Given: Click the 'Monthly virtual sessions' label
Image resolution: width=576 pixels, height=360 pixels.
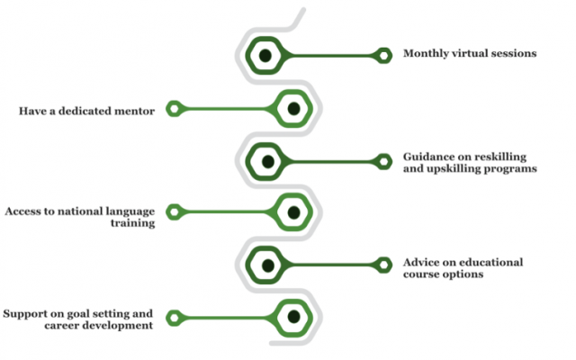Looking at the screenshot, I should [x=470, y=54].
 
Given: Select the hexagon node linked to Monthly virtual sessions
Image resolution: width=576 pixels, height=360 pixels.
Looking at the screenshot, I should [x=265, y=56].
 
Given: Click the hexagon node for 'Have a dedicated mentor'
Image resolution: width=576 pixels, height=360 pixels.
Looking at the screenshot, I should [x=292, y=109].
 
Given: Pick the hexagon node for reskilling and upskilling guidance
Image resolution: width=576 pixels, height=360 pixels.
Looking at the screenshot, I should [x=266, y=161].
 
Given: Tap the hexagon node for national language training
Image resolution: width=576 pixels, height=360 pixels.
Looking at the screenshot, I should [x=292, y=212].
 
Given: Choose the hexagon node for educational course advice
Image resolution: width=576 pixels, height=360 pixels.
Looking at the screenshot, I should [x=266, y=265].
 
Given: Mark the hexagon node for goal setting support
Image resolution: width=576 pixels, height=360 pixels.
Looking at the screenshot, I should [x=292, y=316].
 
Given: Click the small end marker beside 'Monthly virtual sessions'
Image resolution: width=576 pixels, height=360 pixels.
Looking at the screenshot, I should [x=384, y=56].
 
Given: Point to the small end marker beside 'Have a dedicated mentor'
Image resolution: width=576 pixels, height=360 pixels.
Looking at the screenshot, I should [x=176, y=110].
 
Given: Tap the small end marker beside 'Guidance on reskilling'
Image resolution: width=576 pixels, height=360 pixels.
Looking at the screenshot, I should [x=384, y=161].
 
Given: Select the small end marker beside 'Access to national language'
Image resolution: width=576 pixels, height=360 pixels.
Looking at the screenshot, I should [x=176, y=212].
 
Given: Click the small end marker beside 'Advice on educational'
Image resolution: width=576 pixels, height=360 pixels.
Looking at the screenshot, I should [x=384, y=265].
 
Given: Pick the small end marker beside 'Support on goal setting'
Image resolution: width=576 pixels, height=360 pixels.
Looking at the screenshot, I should [x=176, y=316].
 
